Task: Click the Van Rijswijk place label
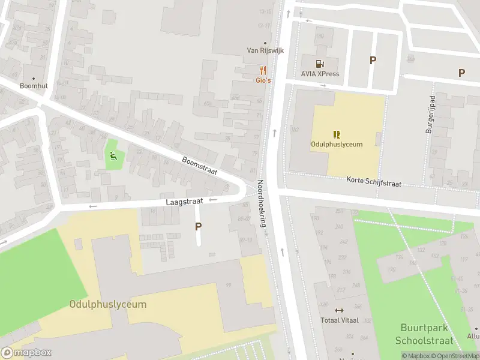(x=265, y=50)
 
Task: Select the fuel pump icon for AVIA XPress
(x=320, y=64)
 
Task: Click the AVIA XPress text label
(x=320, y=74)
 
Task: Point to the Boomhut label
(x=33, y=86)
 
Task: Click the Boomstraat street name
(x=199, y=166)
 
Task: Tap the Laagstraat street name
(x=185, y=203)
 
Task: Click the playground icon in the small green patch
(x=112, y=157)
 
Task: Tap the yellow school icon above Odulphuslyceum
(x=337, y=134)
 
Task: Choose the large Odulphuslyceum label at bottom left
(x=108, y=304)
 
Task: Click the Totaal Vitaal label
(x=339, y=320)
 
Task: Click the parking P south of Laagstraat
(x=198, y=226)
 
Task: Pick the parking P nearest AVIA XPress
(x=373, y=60)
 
